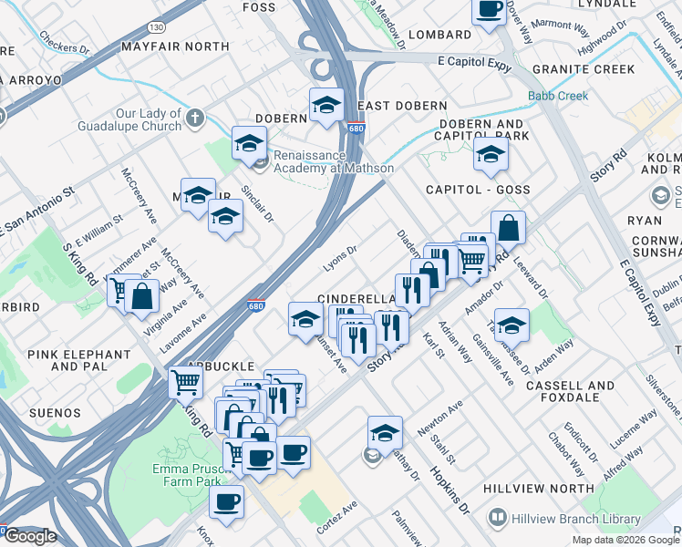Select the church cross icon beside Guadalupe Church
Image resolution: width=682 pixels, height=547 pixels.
coord(196,117)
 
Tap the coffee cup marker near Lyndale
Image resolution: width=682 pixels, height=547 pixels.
coord(489,11)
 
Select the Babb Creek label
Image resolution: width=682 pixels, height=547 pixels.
coord(557,96)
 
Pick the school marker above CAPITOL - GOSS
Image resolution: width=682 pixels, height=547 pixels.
coord(491,155)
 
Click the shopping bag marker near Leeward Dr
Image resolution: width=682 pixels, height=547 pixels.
coord(508,228)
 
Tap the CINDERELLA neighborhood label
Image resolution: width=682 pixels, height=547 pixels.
coord(355,299)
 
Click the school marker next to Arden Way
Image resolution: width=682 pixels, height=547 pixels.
coord(511,325)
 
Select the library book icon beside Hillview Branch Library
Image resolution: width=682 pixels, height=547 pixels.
coord(498,519)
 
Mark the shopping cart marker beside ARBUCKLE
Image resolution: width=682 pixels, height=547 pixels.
coord(185,383)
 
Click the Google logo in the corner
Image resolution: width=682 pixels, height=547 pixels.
coord(29,535)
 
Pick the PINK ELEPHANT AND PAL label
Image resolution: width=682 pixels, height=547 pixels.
coord(91,360)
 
